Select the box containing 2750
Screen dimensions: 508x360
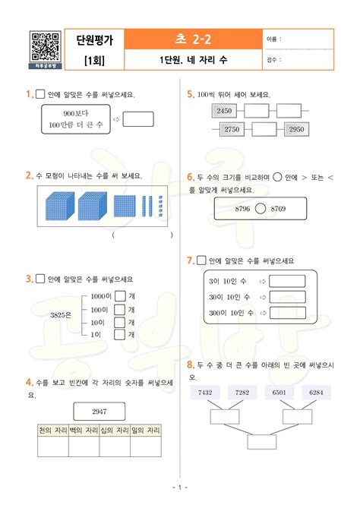click(x=232, y=130)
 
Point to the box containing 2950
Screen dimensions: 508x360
click(x=296, y=130)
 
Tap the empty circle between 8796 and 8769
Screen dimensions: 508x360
click(x=261, y=208)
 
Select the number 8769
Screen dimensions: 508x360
click(x=278, y=208)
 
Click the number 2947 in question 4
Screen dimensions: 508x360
click(x=99, y=411)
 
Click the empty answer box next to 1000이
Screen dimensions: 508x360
click(x=119, y=297)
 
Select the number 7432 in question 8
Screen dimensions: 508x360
click(x=205, y=392)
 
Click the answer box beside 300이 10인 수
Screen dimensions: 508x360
click(x=287, y=312)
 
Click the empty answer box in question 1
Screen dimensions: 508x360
click(x=138, y=118)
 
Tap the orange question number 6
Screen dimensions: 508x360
click(x=190, y=177)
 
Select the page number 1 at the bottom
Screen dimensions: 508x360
click(x=179, y=487)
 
